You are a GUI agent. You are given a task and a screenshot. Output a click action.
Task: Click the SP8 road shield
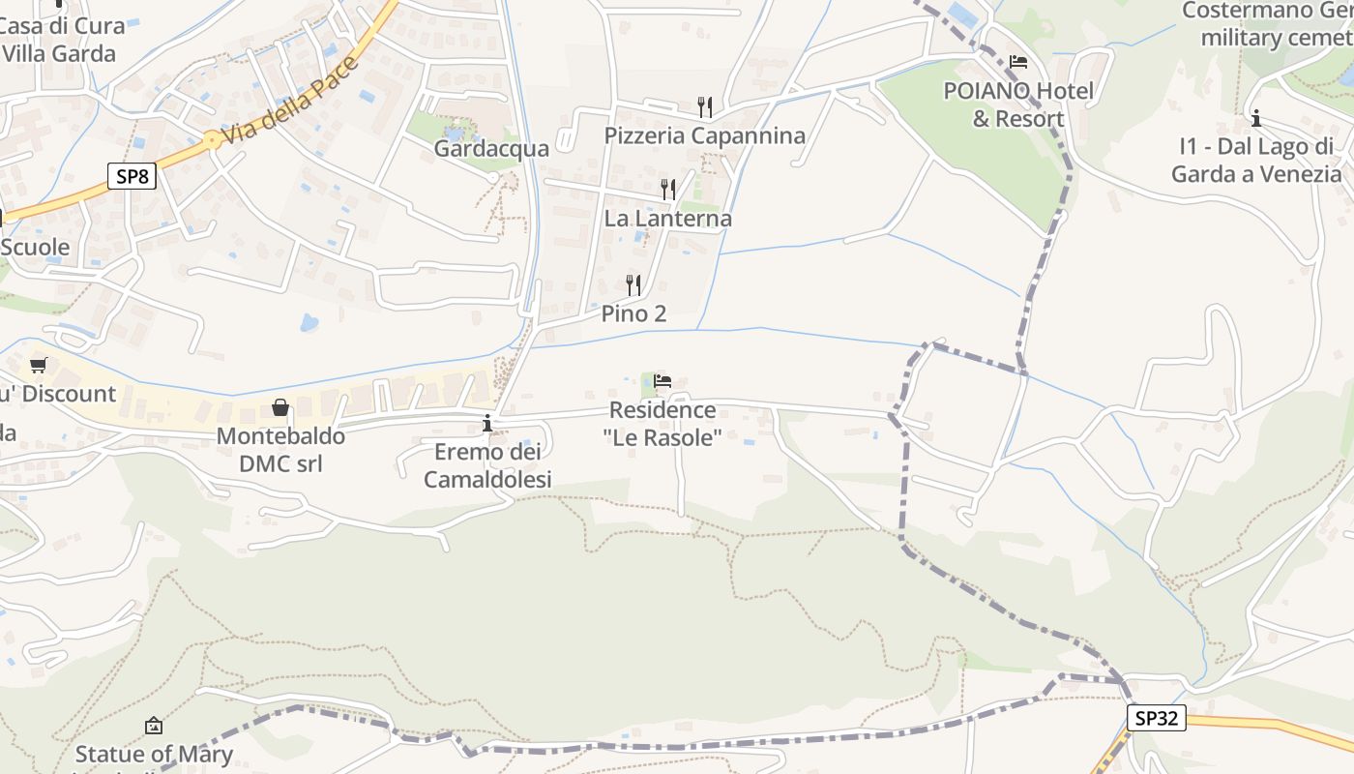click(132, 176)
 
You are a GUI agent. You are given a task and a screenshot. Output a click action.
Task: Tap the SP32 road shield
click(1156, 718)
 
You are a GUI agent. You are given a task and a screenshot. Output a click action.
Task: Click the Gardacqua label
click(491, 148)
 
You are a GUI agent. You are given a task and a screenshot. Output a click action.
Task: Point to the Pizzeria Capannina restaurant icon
click(705, 106)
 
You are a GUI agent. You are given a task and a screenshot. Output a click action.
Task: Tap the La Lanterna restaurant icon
click(668, 190)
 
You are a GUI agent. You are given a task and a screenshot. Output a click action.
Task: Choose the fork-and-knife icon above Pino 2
click(633, 284)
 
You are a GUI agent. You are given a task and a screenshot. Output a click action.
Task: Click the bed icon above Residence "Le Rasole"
click(662, 381)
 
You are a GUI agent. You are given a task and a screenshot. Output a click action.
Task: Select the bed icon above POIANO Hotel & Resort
click(1018, 63)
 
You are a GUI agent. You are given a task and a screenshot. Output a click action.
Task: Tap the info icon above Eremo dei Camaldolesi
click(487, 423)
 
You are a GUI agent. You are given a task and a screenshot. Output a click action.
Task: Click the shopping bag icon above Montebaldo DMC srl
click(280, 407)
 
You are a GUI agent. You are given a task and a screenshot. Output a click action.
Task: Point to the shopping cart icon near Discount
click(38, 366)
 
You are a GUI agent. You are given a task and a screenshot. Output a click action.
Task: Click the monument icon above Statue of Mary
click(154, 726)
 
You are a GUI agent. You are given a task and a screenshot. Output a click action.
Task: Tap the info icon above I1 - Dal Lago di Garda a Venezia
click(1256, 119)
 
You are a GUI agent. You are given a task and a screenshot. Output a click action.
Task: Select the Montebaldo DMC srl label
click(280, 450)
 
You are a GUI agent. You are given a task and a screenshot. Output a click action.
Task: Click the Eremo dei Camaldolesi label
click(487, 465)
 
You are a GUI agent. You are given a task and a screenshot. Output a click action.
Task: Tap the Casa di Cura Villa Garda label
click(62, 40)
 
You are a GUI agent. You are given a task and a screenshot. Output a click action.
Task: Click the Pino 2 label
click(633, 313)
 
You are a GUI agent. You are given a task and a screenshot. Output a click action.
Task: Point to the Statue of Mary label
click(154, 754)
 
